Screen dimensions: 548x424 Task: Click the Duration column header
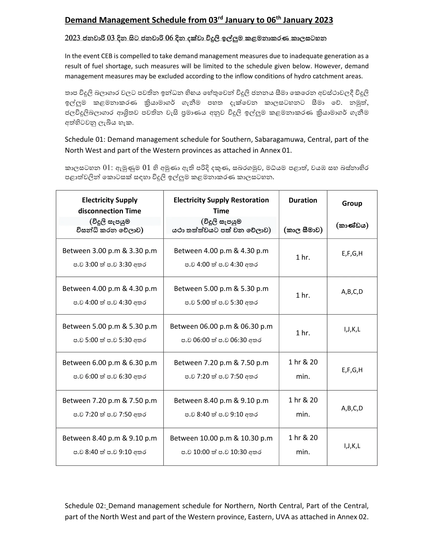tap(303, 200)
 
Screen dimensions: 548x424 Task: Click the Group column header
tap(352, 203)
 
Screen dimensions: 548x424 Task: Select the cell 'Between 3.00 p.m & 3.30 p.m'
tap(109, 251)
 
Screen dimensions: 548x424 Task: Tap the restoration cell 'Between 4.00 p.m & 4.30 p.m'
tap(221, 251)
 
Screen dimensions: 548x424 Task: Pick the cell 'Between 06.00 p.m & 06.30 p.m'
tap(221, 326)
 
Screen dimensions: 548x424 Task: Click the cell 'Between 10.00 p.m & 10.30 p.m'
tap(221, 438)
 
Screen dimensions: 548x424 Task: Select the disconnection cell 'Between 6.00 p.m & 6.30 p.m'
tap(109, 363)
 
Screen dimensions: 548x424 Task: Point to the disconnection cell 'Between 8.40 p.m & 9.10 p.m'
tap(109, 438)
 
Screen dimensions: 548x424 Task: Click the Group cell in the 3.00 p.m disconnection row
tap(352, 253)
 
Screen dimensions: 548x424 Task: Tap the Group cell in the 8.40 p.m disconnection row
tap(352, 446)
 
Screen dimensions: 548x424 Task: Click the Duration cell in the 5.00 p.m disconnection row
tap(303, 333)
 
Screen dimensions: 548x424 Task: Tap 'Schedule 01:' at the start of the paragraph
tap(85, 139)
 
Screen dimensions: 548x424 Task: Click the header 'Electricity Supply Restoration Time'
tap(221, 205)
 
